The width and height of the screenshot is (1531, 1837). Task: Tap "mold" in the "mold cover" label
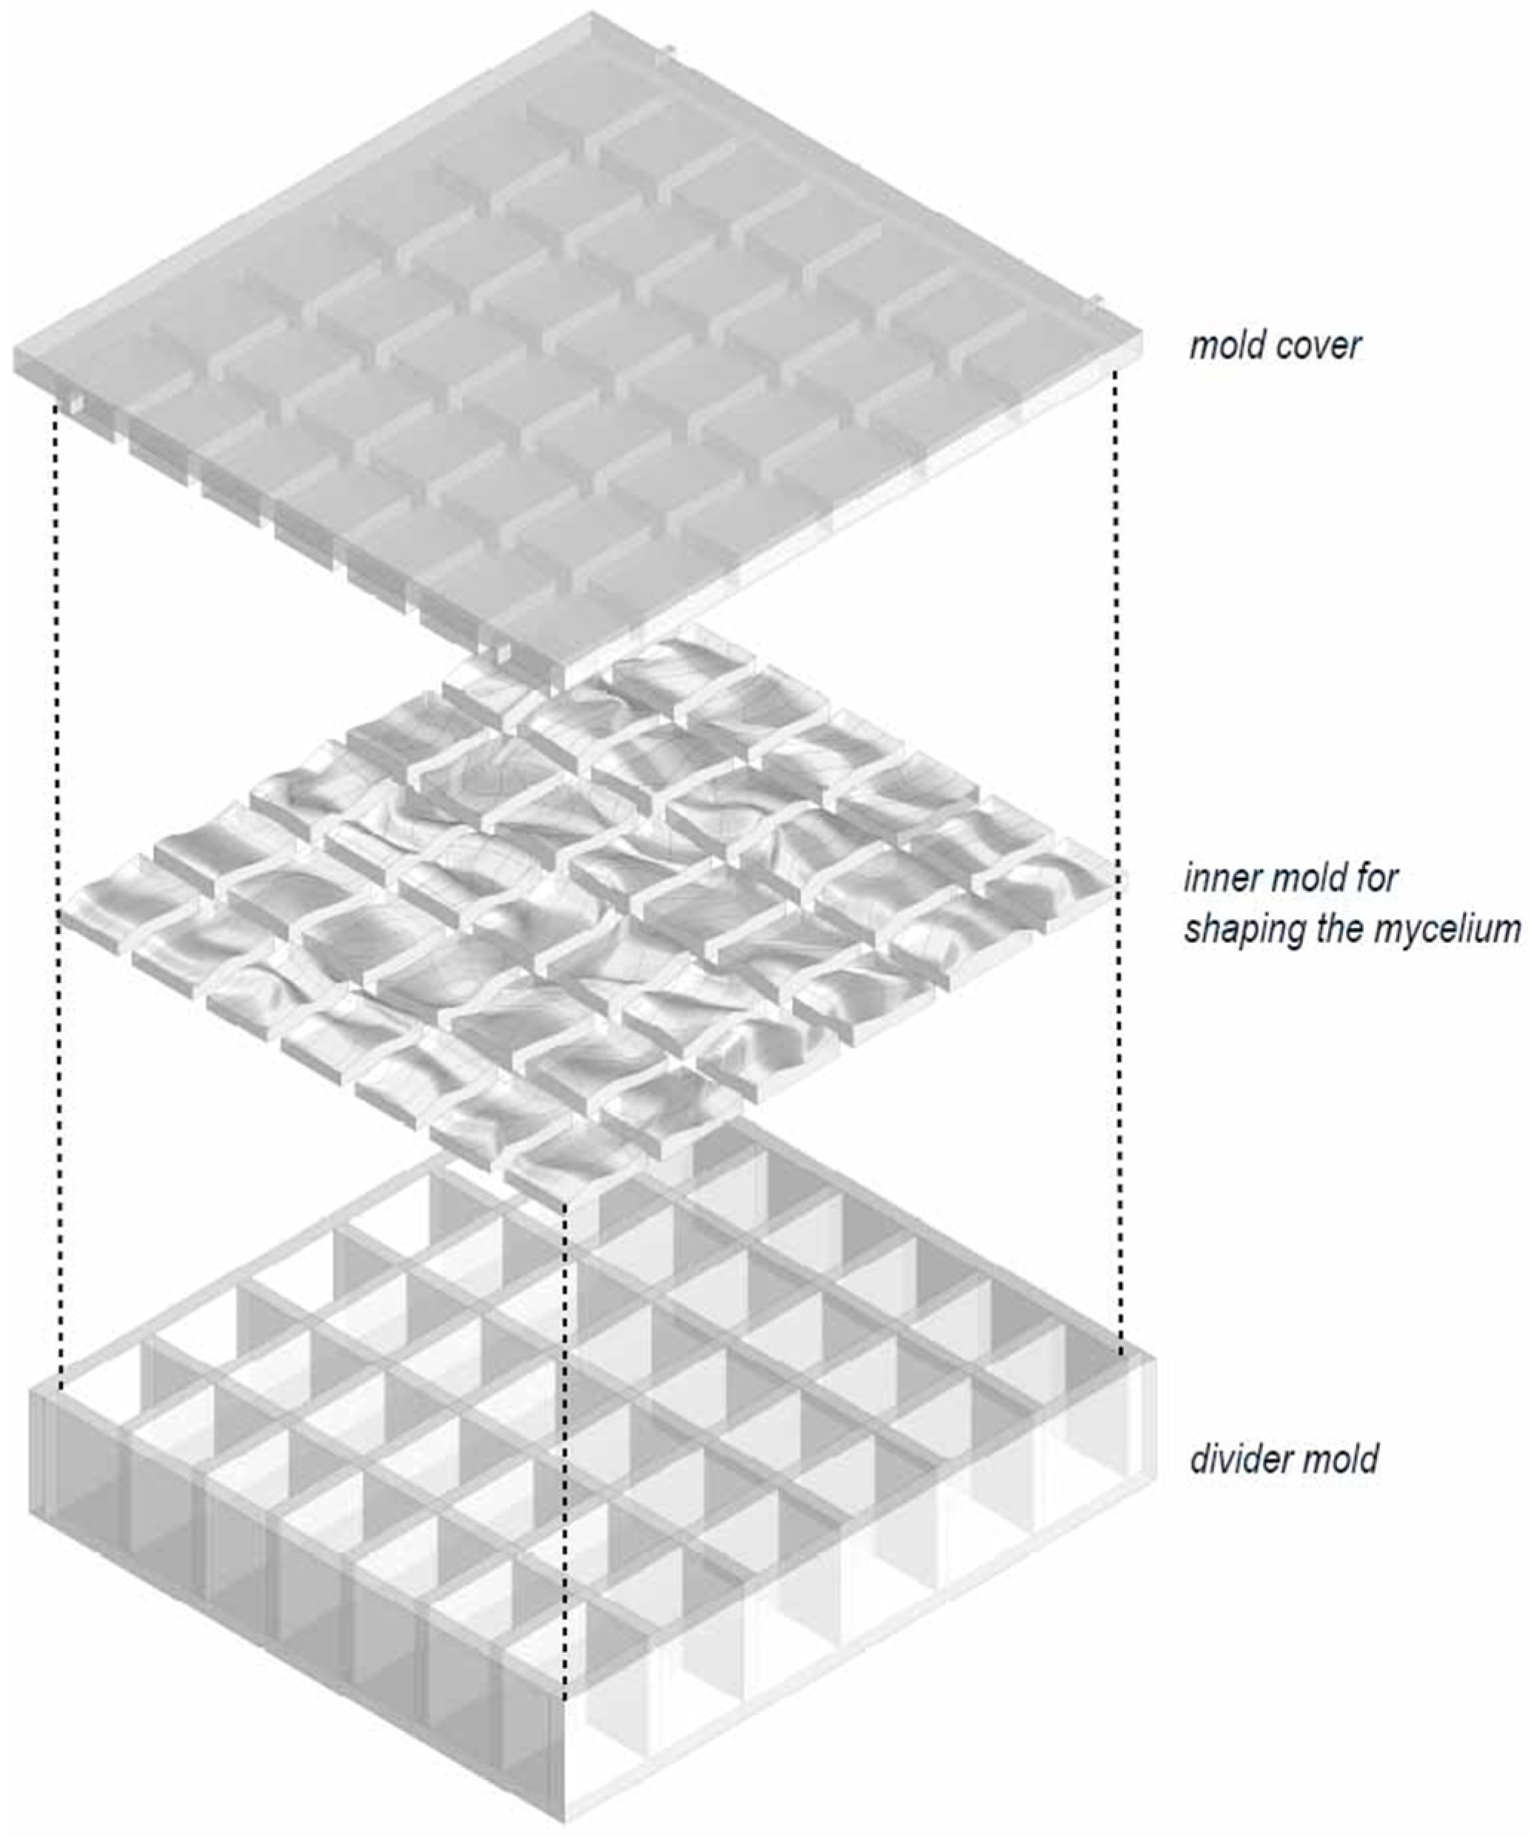pos(1227,346)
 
